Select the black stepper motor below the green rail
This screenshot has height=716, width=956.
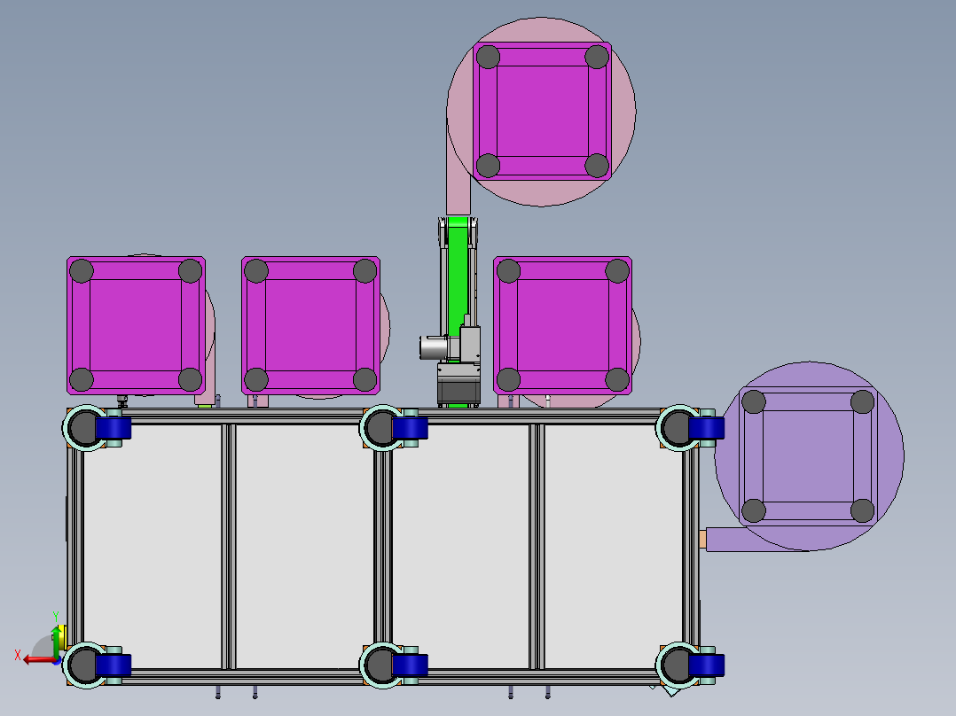click(458, 385)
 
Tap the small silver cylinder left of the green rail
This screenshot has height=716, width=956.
click(431, 347)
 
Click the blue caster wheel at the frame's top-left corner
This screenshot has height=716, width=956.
click(114, 429)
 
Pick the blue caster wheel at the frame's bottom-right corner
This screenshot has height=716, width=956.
click(707, 665)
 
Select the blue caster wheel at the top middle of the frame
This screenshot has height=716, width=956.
click(411, 429)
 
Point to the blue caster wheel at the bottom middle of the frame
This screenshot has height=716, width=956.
click(411, 665)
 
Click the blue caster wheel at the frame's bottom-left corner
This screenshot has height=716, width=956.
click(114, 665)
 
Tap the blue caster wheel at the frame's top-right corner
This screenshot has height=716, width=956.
click(707, 429)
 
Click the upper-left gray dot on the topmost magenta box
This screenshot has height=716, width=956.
click(488, 57)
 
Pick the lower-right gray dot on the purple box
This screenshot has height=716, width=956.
click(862, 510)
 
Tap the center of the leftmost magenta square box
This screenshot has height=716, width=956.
click(136, 325)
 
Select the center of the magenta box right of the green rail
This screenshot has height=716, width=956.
click(562, 325)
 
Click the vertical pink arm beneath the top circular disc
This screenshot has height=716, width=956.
click(458, 191)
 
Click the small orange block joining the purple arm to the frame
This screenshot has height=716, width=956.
click(702, 538)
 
